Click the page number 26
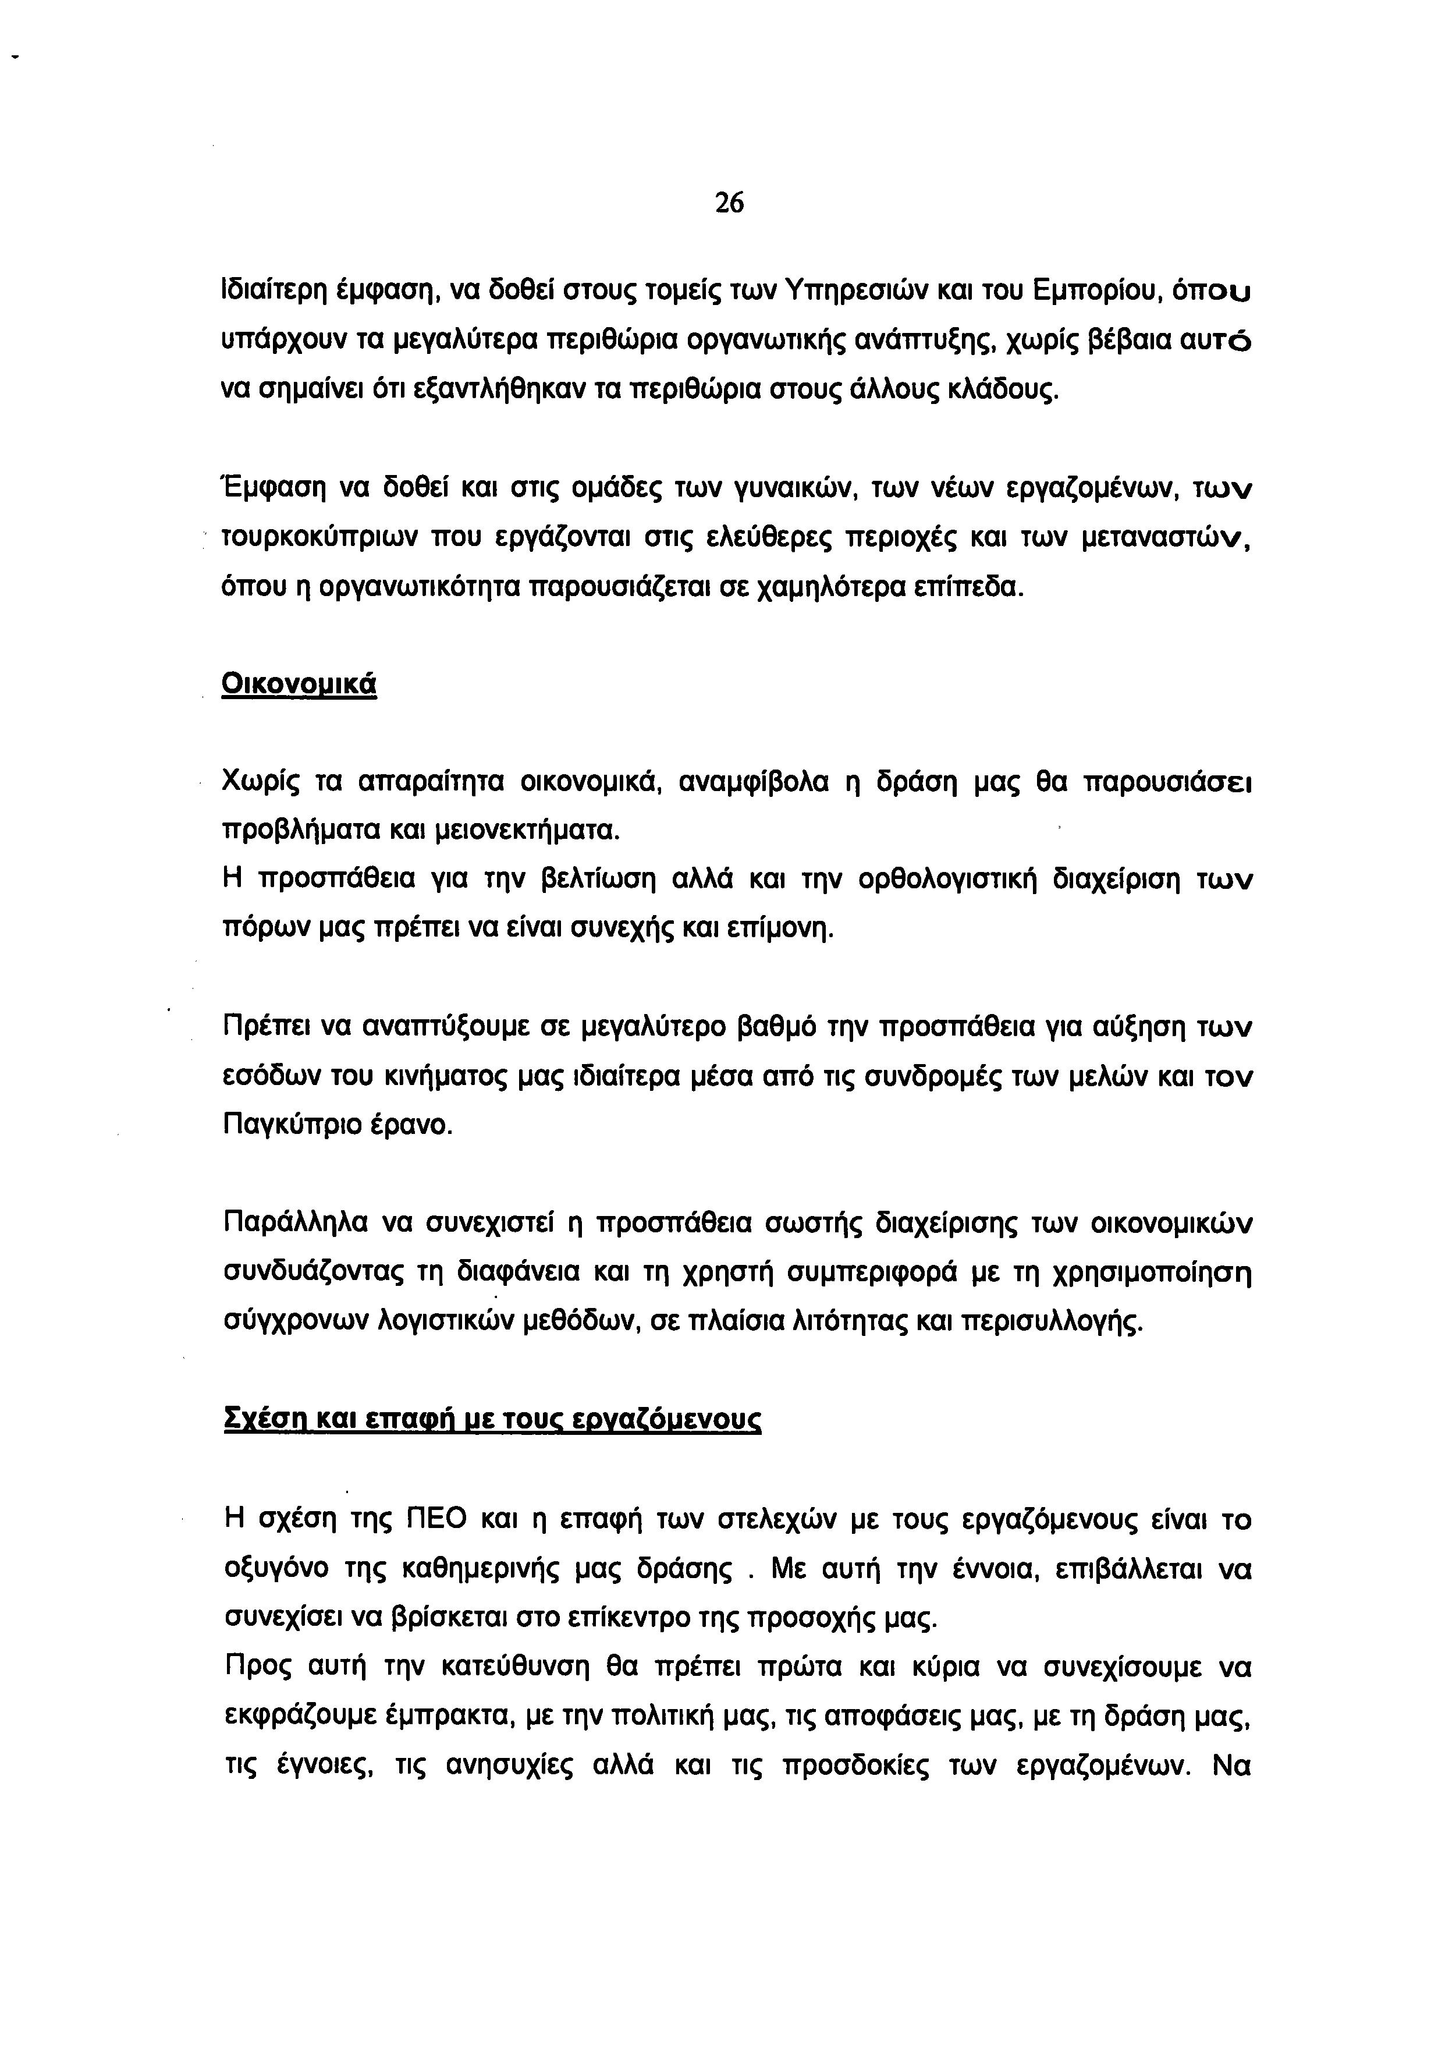tap(728, 204)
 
